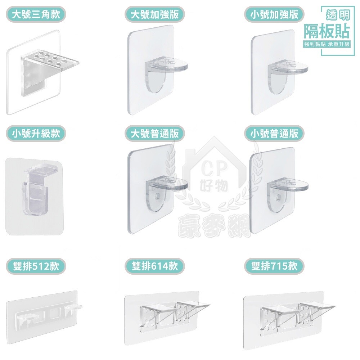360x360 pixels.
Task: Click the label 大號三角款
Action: tap(36, 14)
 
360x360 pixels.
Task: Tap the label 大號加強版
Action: tap(155, 14)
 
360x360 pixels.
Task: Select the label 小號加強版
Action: tap(274, 14)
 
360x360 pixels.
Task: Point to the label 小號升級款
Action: tap(36, 133)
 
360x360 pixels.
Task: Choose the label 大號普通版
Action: tap(155, 133)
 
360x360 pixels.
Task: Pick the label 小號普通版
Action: tap(274, 133)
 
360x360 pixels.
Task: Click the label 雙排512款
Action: tap(36, 266)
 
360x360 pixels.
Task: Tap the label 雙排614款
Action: tap(155, 266)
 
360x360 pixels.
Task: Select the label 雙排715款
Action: tap(274, 266)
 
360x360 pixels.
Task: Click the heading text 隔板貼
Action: tap(327, 31)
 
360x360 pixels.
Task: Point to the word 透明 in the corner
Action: tap(338, 15)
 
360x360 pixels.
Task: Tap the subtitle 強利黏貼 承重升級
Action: tap(327, 44)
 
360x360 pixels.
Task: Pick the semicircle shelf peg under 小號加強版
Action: tap(287, 75)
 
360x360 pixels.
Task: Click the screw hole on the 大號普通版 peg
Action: tap(158, 196)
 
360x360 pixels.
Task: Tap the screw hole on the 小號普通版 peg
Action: tap(279, 197)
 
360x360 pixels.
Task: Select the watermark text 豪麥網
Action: tap(214, 225)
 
